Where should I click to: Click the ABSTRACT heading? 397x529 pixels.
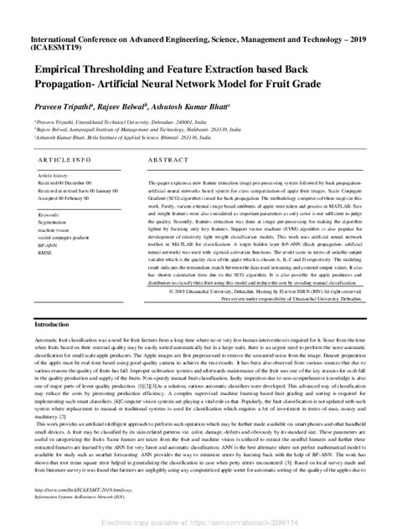(152, 158)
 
